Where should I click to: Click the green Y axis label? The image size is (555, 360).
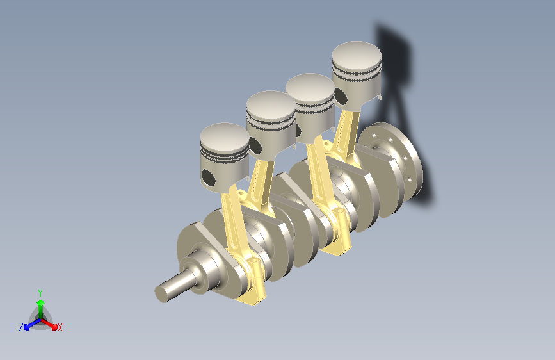(x=40, y=293)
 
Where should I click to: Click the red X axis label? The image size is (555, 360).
(x=60, y=327)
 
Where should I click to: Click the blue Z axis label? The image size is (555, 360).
(x=21, y=327)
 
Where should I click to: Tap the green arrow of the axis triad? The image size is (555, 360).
(x=41, y=309)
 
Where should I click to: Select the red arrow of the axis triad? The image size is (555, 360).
(x=49, y=324)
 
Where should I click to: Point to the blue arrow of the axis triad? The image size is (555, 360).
(x=33, y=324)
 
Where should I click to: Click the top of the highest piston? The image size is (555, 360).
(x=357, y=55)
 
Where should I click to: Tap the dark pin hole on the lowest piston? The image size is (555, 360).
(x=208, y=178)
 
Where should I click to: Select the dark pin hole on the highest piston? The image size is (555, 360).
(x=340, y=96)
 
